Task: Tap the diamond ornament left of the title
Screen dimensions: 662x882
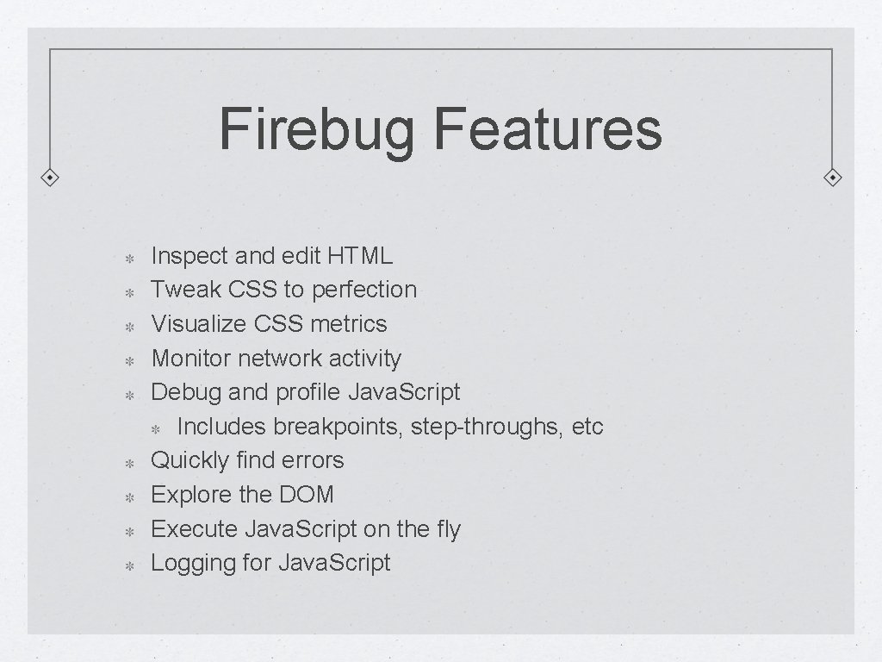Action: tap(51, 178)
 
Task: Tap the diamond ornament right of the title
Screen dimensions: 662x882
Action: tap(833, 178)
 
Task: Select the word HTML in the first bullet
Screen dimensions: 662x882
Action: tap(360, 256)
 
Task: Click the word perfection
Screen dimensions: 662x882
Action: tap(364, 290)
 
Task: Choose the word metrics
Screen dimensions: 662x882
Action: tap(349, 324)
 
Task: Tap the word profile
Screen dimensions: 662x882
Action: tap(308, 392)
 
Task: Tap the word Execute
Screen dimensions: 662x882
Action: tap(195, 528)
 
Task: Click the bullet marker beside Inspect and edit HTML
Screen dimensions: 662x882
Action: tap(125, 258)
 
